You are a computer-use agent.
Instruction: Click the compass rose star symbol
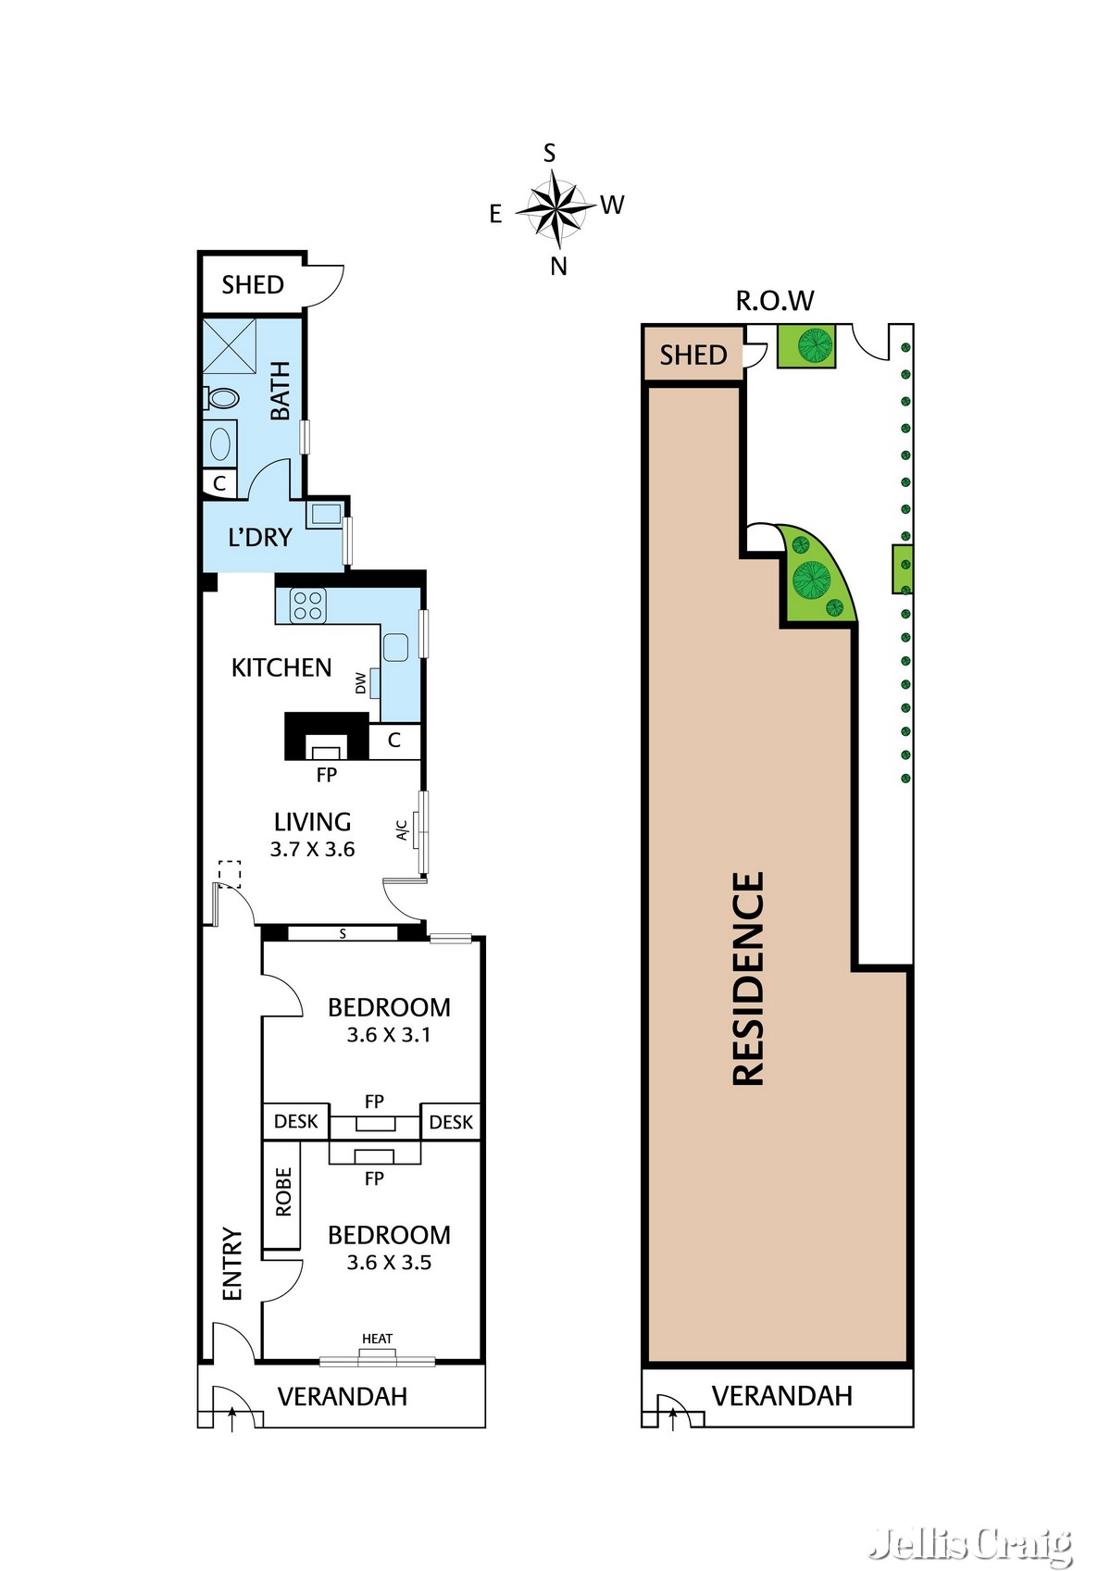[x=555, y=208]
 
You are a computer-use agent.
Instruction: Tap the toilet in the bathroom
[x=222, y=398]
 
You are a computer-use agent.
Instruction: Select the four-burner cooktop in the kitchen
[x=307, y=605]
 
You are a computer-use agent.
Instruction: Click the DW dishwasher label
[x=360, y=683]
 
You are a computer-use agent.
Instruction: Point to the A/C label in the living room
[x=402, y=830]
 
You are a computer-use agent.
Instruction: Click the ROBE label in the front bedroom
[x=283, y=1192]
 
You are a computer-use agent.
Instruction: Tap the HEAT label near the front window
[x=377, y=1339]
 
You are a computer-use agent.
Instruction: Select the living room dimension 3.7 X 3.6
[x=312, y=849]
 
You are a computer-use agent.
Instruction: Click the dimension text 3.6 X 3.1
[x=389, y=1035]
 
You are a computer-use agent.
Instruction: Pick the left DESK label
[x=296, y=1121]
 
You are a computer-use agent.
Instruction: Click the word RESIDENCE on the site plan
[x=748, y=979]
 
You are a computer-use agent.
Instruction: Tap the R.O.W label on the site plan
[x=774, y=301]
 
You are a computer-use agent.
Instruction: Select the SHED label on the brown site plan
[x=693, y=355]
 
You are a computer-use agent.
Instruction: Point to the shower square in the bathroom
[x=229, y=345]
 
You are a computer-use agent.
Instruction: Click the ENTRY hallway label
[x=231, y=1264]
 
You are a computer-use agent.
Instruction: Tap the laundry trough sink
[x=326, y=513]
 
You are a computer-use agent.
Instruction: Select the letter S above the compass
[x=549, y=153]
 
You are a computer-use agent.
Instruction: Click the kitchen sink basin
[x=395, y=647]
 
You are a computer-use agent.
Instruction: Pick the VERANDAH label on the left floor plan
[x=342, y=1396]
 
